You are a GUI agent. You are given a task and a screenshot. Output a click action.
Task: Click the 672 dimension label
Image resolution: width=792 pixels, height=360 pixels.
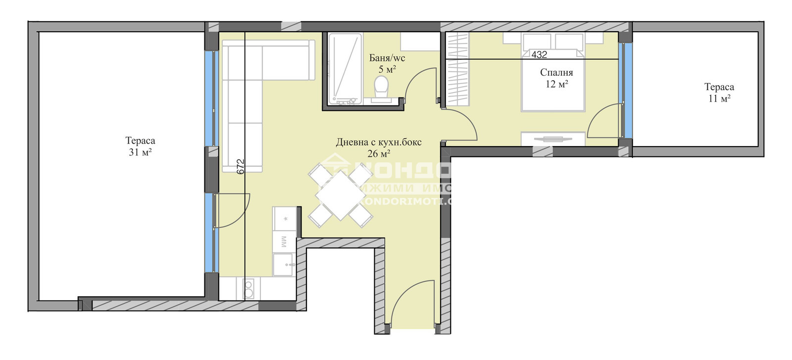click(x=241, y=166)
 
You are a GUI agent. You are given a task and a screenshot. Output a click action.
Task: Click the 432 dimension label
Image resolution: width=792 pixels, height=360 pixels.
click(x=539, y=54)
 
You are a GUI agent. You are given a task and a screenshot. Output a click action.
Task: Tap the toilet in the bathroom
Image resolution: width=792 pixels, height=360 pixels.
click(x=381, y=88)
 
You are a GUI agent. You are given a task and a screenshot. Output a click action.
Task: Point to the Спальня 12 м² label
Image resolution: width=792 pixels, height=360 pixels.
click(x=556, y=78)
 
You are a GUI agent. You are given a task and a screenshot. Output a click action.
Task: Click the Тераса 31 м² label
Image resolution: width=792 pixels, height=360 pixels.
click(x=140, y=147)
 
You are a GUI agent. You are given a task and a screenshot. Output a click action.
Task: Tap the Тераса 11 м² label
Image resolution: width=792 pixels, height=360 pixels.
click(x=719, y=93)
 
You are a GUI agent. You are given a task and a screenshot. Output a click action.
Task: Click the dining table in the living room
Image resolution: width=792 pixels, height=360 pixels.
click(x=341, y=195)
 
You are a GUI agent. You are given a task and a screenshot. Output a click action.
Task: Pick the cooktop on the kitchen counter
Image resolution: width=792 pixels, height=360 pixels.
click(x=248, y=288)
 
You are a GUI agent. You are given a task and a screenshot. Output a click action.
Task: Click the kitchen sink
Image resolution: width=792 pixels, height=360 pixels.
click(x=284, y=263)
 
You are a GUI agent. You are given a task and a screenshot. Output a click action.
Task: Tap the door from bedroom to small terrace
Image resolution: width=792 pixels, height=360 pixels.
click(x=604, y=120)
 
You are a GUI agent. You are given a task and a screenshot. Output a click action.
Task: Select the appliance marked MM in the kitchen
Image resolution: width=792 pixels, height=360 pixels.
click(x=284, y=242)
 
